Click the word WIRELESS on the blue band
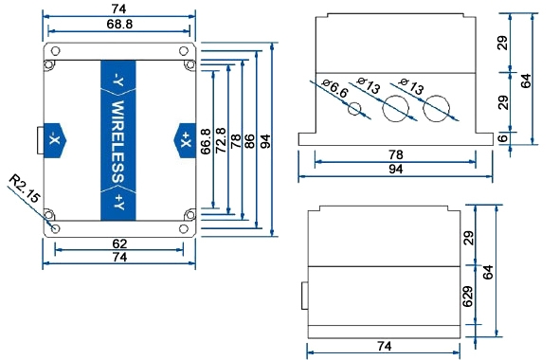(119, 141)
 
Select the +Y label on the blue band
(119, 201)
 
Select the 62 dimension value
(119, 243)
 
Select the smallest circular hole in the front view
(355, 108)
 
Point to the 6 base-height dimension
(502, 138)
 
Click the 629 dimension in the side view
(467, 298)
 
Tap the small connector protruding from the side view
(304, 294)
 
